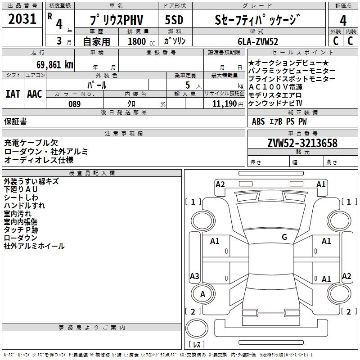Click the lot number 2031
tap(22, 19)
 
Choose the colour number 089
tap(74, 104)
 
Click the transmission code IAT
tap(13, 94)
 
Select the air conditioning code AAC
tap(35, 94)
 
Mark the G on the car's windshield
tap(284, 237)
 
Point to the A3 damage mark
tap(194, 276)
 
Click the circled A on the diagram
tap(202, 294)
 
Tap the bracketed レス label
tap(196, 345)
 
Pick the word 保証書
tap(15, 121)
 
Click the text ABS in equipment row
tap(258, 121)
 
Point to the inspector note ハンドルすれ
tap(24, 206)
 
